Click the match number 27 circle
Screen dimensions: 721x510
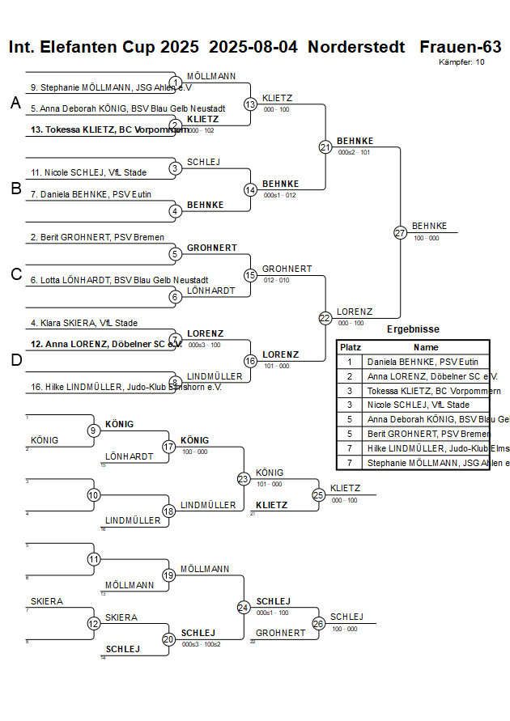click(x=400, y=232)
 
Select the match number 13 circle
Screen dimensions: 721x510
click(x=251, y=104)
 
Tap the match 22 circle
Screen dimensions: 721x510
click(x=325, y=318)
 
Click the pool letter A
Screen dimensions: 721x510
click(x=15, y=103)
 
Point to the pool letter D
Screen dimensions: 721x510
click(x=15, y=360)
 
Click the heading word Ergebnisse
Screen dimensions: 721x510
click(x=413, y=329)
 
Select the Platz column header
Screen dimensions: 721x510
click(x=351, y=346)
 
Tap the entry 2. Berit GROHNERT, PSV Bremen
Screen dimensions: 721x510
click(x=97, y=237)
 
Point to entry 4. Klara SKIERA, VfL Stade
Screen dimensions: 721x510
click(x=84, y=323)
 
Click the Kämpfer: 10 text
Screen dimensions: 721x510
click(x=461, y=62)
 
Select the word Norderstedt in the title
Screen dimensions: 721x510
click(x=356, y=47)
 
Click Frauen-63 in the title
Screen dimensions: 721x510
click(x=461, y=47)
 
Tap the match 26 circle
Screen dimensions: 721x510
click(x=318, y=623)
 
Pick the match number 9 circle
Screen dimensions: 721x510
click(x=94, y=430)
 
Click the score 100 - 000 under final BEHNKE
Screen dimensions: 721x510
click(x=427, y=239)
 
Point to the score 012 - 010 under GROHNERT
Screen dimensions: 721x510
click(x=275, y=280)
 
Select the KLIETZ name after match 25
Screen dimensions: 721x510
click(x=346, y=488)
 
